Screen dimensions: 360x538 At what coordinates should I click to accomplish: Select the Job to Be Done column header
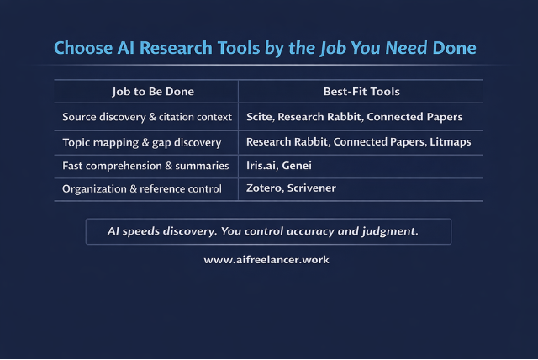pyautogui.click(x=146, y=91)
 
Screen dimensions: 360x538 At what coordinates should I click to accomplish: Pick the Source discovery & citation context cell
pyautogui.click(x=146, y=117)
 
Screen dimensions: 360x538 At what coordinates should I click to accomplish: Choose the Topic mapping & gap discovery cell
pyautogui.click(x=142, y=142)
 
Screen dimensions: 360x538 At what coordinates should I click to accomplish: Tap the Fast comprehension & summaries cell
pyautogui.click(x=145, y=166)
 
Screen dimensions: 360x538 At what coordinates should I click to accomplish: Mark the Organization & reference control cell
pyautogui.click(x=142, y=189)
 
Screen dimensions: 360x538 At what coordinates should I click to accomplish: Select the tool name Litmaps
pyautogui.click(x=451, y=142)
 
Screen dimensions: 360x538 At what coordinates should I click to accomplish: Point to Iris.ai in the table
pyautogui.click(x=261, y=166)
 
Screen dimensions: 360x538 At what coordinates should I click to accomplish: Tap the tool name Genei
pyautogui.click(x=297, y=166)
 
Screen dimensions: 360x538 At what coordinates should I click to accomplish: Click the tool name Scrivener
pyautogui.click(x=310, y=189)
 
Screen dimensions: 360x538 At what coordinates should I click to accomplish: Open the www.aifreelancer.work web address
pyautogui.click(x=266, y=260)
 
